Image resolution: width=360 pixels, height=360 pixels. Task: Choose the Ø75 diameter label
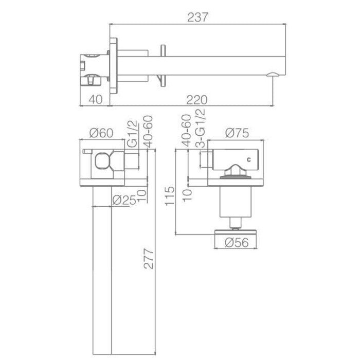(237, 133)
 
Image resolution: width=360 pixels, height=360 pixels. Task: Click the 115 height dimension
(172, 197)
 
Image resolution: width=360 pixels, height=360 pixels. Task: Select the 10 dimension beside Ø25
(141, 196)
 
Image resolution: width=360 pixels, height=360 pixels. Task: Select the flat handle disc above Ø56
(237, 231)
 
